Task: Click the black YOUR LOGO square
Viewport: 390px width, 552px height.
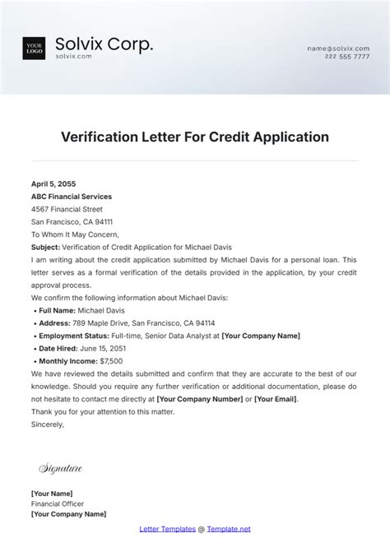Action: [x=34, y=49]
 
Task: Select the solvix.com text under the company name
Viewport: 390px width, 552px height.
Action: [x=73, y=57]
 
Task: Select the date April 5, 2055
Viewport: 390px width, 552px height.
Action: [x=53, y=184]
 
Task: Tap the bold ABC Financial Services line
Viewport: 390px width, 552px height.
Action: [x=72, y=197]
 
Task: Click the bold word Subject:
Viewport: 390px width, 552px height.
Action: [x=46, y=247]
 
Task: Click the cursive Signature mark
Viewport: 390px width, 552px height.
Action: [x=60, y=469]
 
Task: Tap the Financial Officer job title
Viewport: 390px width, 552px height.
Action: [x=58, y=503]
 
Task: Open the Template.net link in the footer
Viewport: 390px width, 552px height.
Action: [x=229, y=529]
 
